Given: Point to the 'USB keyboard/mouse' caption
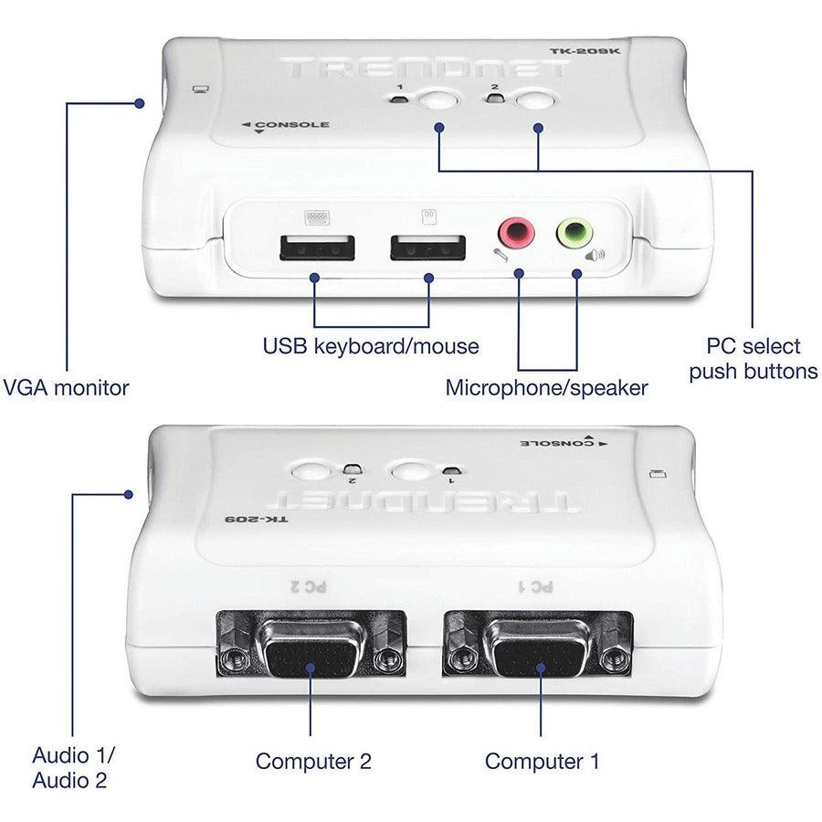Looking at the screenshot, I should (x=371, y=346).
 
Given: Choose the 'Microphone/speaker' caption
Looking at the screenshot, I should (x=546, y=387).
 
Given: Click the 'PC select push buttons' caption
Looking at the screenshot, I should (x=753, y=359).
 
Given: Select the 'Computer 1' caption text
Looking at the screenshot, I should (x=542, y=761).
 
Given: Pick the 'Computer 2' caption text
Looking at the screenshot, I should (x=313, y=761).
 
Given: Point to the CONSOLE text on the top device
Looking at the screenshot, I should (x=291, y=125).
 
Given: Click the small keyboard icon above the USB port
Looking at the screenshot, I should (x=316, y=217).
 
